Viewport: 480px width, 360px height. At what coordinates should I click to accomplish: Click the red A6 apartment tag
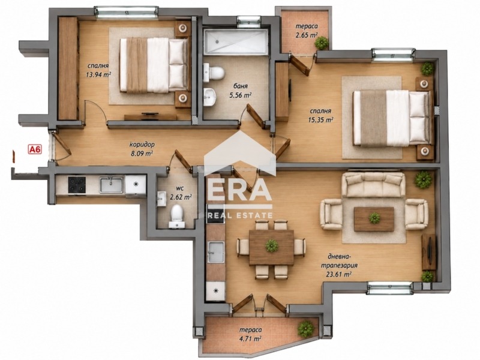[35, 149]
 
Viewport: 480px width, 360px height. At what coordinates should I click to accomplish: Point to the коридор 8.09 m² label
[142, 148]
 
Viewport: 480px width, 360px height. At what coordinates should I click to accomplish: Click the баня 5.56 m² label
[240, 91]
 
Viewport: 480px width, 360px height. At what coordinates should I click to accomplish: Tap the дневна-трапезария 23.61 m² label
[339, 265]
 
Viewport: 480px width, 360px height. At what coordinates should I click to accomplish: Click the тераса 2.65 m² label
[307, 31]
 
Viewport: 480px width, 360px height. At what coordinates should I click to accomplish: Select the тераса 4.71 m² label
[250, 334]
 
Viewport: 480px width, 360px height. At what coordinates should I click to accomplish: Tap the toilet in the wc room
[176, 216]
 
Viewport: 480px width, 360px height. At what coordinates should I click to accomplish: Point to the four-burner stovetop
[77, 185]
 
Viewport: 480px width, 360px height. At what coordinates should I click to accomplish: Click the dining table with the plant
[272, 247]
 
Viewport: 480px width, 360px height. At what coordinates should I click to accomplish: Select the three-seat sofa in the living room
[373, 184]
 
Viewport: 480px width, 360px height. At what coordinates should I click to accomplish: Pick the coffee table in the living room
[374, 219]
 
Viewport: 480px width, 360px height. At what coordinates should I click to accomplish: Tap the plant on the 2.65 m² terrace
[322, 43]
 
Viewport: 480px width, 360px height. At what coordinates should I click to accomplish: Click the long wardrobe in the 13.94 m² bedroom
[68, 68]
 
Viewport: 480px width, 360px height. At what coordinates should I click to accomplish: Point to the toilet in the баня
[214, 73]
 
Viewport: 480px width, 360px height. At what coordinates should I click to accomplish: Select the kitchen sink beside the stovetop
[112, 185]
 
